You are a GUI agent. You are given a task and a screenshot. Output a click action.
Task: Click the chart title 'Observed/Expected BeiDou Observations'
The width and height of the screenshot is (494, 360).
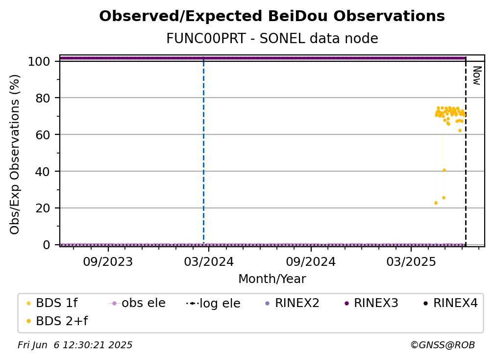pyautogui.click(x=272, y=16)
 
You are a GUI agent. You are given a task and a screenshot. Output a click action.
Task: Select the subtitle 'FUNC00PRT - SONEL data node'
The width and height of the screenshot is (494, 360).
pyautogui.click(x=272, y=38)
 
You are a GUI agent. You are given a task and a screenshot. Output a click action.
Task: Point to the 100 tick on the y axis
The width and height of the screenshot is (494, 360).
pyautogui.click(x=39, y=61)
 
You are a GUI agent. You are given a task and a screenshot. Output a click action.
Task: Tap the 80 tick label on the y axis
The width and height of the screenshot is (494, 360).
pyautogui.click(x=43, y=98)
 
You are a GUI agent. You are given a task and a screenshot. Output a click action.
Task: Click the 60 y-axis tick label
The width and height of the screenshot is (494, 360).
pyautogui.click(x=43, y=135)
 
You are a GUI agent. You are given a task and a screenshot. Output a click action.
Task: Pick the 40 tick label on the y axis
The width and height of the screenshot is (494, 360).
pyautogui.click(x=43, y=172)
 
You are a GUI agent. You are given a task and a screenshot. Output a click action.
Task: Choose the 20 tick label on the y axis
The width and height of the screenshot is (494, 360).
pyautogui.click(x=43, y=208)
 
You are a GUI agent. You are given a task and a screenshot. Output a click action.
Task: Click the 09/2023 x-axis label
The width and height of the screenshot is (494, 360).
pyautogui.click(x=108, y=261)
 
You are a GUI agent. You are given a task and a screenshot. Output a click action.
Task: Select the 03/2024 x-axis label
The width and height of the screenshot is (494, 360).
pyautogui.click(x=209, y=261)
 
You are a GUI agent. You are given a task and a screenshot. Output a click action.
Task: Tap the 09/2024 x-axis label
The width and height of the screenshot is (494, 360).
pyautogui.click(x=311, y=261)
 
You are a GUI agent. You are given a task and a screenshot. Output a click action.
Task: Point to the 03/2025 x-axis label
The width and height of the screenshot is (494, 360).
pyautogui.click(x=411, y=261)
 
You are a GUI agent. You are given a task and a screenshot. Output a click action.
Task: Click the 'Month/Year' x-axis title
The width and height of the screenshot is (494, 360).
pyautogui.click(x=272, y=279)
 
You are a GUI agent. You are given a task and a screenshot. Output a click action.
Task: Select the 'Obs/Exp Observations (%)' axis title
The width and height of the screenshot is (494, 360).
pyautogui.click(x=15, y=154)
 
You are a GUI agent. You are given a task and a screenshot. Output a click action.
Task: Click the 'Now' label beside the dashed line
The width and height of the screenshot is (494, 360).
pyautogui.click(x=477, y=76)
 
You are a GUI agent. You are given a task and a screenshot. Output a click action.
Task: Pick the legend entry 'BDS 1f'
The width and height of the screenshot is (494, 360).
pyautogui.click(x=52, y=303)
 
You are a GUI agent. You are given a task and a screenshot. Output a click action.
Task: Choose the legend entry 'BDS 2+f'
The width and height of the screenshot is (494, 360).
pyautogui.click(x=57, y=321)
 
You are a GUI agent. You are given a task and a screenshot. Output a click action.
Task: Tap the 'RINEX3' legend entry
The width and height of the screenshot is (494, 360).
pyautogui.click(x=371, y=303)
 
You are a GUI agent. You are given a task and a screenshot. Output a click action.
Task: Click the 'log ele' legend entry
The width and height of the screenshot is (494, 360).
pyautogui.click(x=213, y=303)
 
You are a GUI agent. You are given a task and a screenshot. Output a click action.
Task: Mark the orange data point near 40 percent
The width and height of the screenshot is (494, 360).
pyautogui.click(x=444, y=170)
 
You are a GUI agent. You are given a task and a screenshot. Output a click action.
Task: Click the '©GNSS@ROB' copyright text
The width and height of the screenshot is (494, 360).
pyautogui.click(x=443, y=345)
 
